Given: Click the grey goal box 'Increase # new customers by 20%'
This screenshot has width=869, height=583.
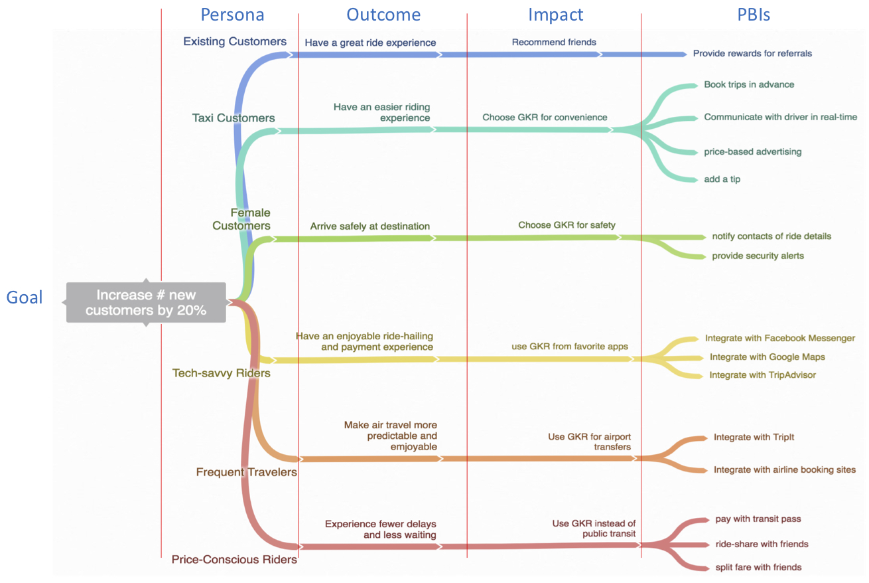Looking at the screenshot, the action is point(146,302).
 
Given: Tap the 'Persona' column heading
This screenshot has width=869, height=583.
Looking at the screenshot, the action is point(232,15).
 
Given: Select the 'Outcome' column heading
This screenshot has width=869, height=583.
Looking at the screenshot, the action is point(383,15).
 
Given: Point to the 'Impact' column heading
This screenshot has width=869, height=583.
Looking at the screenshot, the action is point(555,15).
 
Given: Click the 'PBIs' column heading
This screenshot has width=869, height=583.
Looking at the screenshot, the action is point(754,15).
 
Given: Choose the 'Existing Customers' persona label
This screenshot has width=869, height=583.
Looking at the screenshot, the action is point(235,41).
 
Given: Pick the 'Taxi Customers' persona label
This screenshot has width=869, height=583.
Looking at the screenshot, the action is point(233,118).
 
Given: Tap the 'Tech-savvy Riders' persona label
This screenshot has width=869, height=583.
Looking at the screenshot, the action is point(221,373).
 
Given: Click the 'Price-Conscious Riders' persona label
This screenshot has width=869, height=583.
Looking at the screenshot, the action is point(234,559).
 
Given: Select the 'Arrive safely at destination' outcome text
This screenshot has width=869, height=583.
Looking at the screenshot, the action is point(369,226).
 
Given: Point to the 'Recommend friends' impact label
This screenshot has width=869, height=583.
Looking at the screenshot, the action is point(554,42).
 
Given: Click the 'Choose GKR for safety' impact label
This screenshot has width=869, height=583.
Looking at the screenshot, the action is point(567,225).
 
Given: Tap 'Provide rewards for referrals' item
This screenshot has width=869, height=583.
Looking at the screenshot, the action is point(752,53).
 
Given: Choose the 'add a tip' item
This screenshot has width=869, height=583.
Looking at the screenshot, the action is point(722,179).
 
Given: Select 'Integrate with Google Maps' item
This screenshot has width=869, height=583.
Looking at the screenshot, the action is point(767,357).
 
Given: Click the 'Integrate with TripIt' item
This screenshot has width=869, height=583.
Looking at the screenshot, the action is point(754,437).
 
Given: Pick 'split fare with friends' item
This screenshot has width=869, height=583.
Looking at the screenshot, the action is point(758,567).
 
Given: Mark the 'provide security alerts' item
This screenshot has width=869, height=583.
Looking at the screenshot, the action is point(758,256).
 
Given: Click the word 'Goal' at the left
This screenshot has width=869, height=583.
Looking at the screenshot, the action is point(24,297).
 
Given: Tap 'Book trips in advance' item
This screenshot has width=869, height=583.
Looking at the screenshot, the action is point(749,84).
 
